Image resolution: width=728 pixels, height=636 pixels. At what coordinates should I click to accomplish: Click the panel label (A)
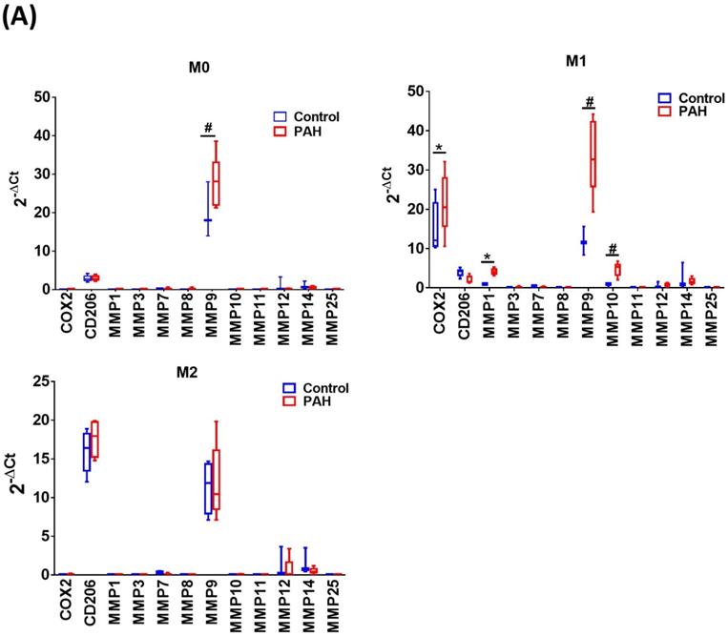click(x=22, y=16)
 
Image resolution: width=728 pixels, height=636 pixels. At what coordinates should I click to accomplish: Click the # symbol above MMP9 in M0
click(x=206, y=128)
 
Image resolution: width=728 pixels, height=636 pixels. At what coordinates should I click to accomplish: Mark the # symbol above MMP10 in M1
click(x=612, y=248)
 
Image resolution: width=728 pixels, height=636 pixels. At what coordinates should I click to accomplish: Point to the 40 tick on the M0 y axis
click(x=42, y=135)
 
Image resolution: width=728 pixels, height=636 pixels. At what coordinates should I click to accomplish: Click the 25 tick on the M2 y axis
click(x=42, y=380)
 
